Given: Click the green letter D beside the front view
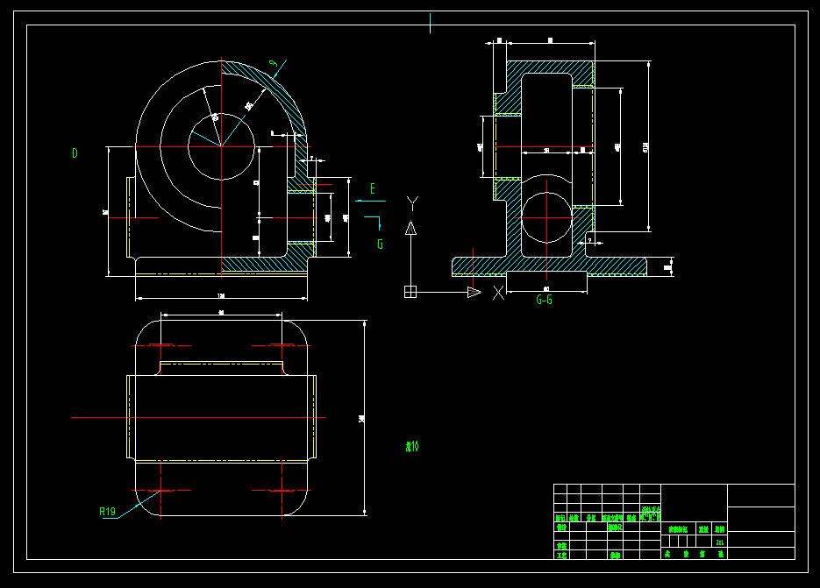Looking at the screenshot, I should pos(75,153).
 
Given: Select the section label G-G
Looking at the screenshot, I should pos(544,300).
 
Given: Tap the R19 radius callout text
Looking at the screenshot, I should pos(107,511).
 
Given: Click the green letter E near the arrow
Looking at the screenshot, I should pos(373,188).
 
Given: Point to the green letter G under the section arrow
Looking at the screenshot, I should pos(380,244).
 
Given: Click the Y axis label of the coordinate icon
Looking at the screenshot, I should pos(412,204).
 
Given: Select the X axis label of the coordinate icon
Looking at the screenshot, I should pos(499,293).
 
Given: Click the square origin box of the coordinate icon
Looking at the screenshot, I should pos(410,292).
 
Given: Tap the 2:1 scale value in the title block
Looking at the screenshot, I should pos(720,542).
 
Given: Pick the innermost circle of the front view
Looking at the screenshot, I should pos(221,145).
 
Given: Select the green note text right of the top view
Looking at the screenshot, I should pos(411,446).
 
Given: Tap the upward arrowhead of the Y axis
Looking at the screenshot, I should pos(410,228).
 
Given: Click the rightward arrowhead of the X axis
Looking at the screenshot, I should pos(474,292).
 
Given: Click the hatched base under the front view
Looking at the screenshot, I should pos(263,263).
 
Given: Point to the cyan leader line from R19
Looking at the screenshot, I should pos(132,507).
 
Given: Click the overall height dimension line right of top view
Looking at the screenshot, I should pos(364,417).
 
